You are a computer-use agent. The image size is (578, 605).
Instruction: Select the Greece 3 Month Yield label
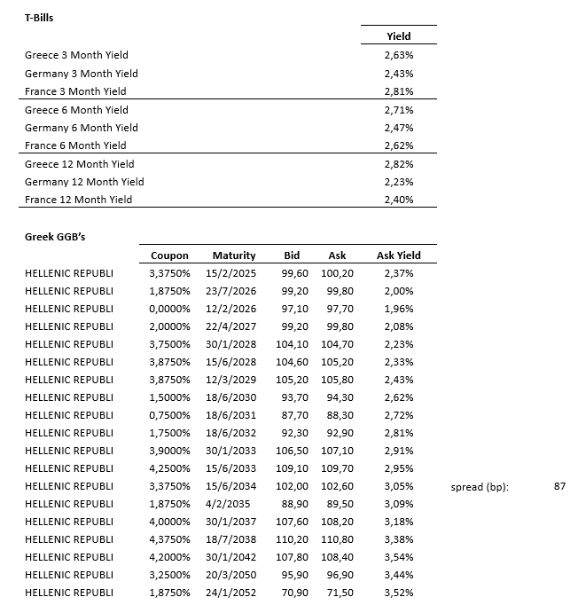coord(76,55)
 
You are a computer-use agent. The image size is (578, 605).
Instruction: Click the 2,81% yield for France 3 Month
coord(399,91)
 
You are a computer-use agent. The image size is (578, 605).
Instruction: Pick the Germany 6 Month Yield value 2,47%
coord(399,128)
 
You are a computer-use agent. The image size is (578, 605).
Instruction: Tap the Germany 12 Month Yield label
coord(84,182)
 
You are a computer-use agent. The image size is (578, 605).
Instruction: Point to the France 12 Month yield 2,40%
coord(399,200)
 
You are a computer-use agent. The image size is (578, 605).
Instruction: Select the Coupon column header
coord(169,255)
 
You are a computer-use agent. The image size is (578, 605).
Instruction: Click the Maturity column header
coord(234,255)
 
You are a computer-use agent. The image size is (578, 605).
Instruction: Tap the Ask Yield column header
coord(399,255)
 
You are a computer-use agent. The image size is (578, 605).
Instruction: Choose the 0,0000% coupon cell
coord(169,309)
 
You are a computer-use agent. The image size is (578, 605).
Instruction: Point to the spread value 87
coord(558,487)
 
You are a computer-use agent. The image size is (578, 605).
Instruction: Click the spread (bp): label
coord(480,488)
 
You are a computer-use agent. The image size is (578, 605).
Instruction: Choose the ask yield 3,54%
coord(399,557)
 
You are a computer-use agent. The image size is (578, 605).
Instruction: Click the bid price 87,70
coord(292,415)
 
